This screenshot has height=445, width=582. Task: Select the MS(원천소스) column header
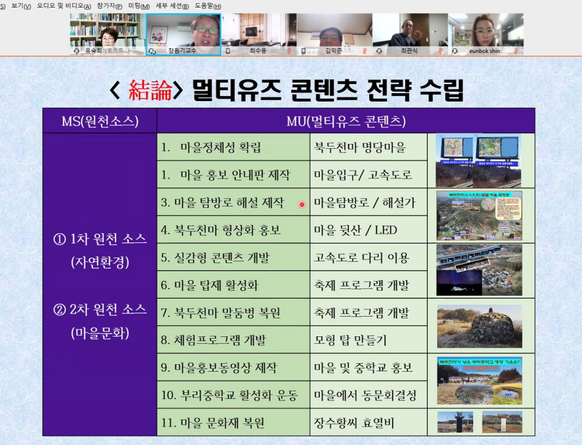(x=100, y=121)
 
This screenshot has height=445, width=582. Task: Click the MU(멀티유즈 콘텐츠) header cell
(x=346, y=121)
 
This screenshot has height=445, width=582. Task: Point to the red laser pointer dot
(x=302, y=204)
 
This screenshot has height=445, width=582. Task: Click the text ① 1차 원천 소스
(x=100, y=239)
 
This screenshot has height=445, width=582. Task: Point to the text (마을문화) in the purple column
(x=100, y=333)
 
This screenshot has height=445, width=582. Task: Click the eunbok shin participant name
(x=484, y=51)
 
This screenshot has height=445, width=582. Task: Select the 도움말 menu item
(x=207, y=6)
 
